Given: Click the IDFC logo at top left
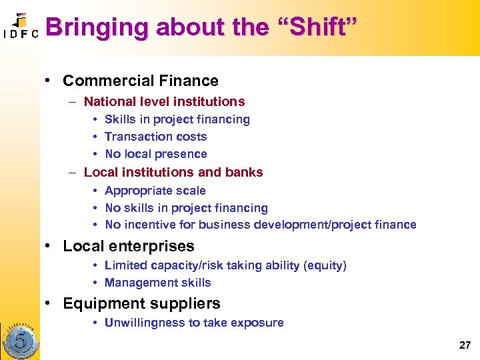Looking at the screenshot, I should click(20, 27).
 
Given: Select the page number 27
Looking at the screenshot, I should click(465, 345).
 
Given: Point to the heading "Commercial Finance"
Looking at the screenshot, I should click(141, 81).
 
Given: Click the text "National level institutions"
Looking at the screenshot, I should click(164, 102).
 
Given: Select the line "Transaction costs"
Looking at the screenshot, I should click(156, 137).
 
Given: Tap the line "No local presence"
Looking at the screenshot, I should click(156, 154).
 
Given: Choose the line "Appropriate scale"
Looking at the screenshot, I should click(155, 191).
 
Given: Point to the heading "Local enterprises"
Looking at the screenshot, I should click(129, 246).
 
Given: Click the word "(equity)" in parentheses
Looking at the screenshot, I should click(325, 265).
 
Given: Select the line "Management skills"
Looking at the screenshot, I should click(158, 283).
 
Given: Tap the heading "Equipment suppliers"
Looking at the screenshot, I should click(141, 304).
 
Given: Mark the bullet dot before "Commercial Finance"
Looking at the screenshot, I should click(49, 81).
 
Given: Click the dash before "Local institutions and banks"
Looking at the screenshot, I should click(72, 172).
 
